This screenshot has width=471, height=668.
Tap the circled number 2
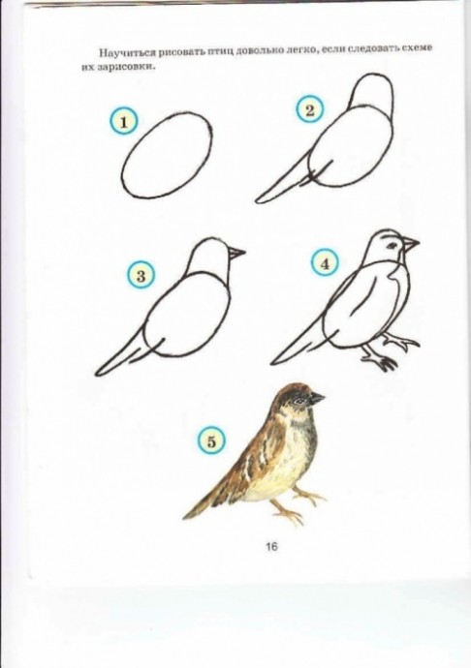tap(310, 110)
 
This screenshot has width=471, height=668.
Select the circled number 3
tap(141, 275)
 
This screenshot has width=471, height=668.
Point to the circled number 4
tap(325, 263)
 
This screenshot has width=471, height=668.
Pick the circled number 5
tap(211, 440)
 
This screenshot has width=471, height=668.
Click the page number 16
tap(271, 546)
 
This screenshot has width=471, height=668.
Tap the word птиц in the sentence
tap(220, 51)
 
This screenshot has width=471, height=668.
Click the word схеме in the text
tap(418, 48)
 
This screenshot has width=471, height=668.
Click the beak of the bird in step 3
tap(236, 253)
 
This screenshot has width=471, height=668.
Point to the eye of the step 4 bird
tap(392, 245)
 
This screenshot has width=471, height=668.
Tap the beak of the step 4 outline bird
tap(410, 245)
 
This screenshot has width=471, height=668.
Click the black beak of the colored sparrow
tap(317, 398)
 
